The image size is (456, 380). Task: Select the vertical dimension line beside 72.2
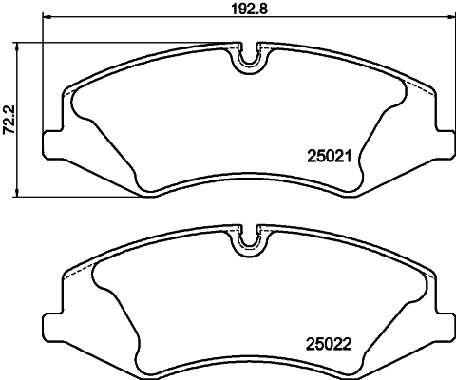coord(23,119)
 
